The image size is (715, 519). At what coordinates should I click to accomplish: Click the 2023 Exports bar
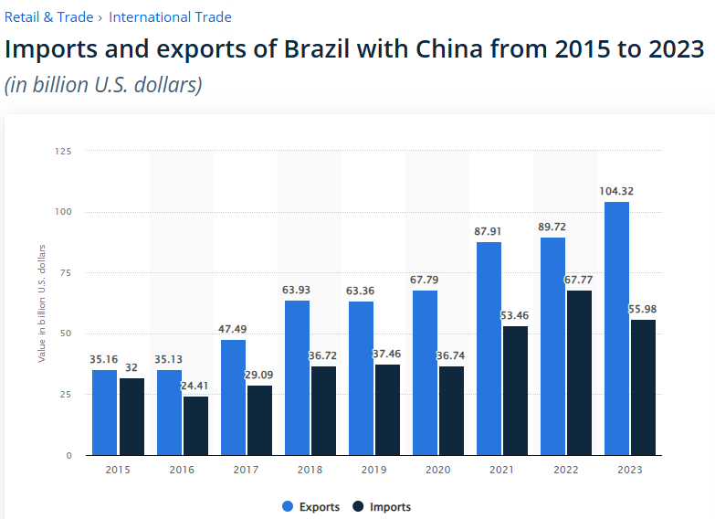[616, 328]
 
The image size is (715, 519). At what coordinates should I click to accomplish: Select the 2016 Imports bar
[195, 425]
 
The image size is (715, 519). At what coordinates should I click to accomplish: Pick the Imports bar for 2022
[578, 373]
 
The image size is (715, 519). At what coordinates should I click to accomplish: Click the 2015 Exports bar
[104, 412]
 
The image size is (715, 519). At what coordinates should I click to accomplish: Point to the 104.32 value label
[616, 191]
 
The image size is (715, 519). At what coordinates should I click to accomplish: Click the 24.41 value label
[195, 386]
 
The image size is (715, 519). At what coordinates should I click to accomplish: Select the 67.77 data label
[578, 280]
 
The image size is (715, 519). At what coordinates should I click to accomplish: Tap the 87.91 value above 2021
[489, 231]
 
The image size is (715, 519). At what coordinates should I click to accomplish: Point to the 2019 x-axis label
[373, 470]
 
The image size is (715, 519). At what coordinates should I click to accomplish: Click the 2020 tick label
[437, 470]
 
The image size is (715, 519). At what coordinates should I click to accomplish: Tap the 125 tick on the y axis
[63, 151]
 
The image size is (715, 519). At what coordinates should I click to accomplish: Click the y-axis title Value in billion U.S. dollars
[42, 302]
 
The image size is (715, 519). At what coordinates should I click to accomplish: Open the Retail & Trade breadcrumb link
[48, 17]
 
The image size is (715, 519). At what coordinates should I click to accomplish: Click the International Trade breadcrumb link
[170, 17]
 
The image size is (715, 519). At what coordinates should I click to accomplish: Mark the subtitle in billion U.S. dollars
[103, 85]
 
